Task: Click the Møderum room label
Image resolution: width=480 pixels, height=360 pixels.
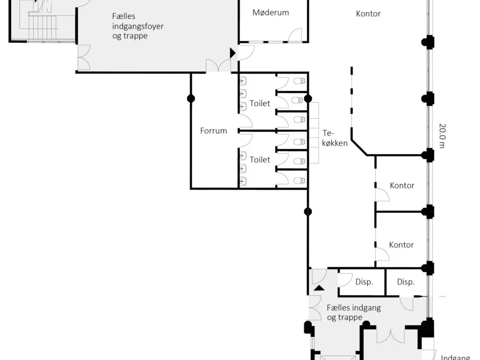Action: pyautogui.click(x=271, y=13)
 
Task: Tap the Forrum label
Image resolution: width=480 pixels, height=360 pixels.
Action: pyautogui.click(x=213, y=131)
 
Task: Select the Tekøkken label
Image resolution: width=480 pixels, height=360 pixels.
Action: pyautogui.click(x=334, y=138)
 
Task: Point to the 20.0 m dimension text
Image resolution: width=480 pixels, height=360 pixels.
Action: pyautogui.click(x=442, y=136)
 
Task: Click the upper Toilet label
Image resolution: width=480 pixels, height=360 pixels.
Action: pyautogui.click(x=260, y=103)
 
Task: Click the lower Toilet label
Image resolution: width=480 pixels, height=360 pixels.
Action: pyautogui.click(x=260, y=160)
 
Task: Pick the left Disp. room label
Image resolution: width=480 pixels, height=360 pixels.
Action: pyautogui.click(x=364, y=282)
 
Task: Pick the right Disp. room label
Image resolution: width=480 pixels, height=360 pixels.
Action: pyautogui.click(x=406, y=282)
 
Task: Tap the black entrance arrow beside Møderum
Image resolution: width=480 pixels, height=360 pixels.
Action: pyautogui.click(x=232, y=53)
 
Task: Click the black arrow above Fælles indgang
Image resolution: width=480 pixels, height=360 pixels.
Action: pyautogui.click(x=319, y=288)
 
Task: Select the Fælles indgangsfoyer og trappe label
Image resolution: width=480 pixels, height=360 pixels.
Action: pyautogui.click(x=138, y=26)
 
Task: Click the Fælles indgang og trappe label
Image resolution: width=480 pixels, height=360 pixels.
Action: pyautogui.click(x=354, y=313)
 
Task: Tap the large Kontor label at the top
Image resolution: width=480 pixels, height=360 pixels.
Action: pyautogui.click(x=368, y=14)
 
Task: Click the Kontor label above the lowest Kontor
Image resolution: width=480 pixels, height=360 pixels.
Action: pyautogui.click(x=402, y=186)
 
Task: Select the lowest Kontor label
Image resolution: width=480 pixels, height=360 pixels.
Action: pyautogui.click(x=401, y=245)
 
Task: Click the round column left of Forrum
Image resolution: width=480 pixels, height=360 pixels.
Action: pyautogui.click(x=191, y=99)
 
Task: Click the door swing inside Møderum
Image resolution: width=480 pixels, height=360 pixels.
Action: pyautogui.click(x=295, y=34)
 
